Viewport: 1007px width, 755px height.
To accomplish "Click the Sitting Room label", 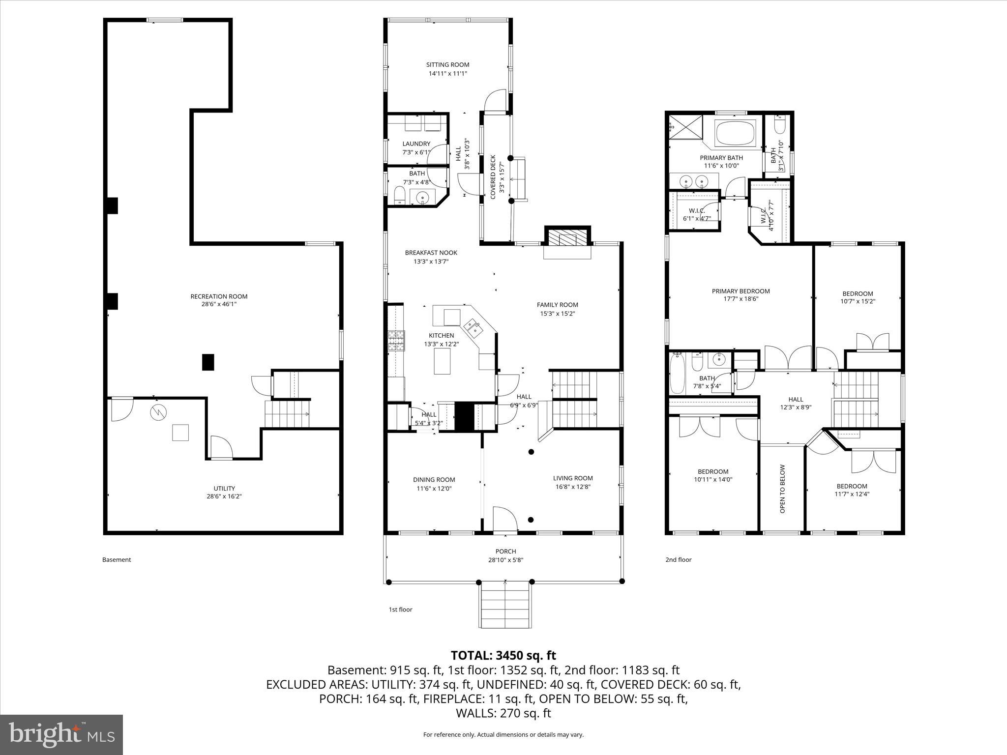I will point(447,64).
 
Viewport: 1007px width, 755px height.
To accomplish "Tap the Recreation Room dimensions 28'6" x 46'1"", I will point(219,304).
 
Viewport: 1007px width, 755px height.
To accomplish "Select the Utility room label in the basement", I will point(224,488).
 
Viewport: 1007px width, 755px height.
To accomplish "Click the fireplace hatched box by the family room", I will point(567,239).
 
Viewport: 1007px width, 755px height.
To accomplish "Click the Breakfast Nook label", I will point(431,253).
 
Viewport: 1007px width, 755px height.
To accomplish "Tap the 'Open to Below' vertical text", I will point(782,489).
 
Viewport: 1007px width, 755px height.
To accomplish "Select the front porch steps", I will point(505,604).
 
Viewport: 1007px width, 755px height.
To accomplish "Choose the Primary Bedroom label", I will point(740,291).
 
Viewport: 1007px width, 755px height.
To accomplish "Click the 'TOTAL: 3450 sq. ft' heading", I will point(503,655).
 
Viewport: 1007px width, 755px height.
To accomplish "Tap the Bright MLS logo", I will point(61,734).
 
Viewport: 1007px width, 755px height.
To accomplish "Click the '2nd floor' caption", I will point(678,559).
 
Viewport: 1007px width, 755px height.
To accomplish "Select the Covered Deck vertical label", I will point(493,177).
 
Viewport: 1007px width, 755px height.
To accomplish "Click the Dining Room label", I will point(434,480).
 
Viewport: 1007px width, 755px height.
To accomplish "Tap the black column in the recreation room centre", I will point(208,362).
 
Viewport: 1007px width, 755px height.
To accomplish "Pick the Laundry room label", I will point(416,144).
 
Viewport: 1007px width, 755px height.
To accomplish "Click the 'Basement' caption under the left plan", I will point(117,559).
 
